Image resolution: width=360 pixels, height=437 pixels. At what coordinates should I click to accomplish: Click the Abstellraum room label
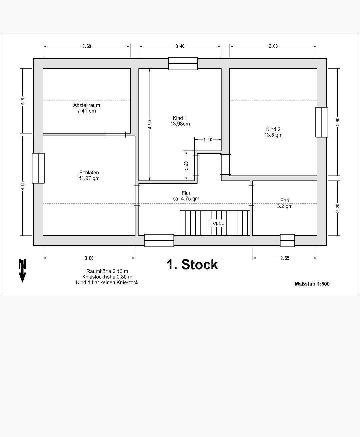pyautogui.click(x=87, y=105)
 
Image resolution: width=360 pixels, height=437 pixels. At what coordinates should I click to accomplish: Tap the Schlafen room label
pyautogui.click(x=89, y=173)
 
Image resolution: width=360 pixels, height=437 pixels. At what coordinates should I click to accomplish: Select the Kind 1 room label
pyautogui.click(x=180, y=118)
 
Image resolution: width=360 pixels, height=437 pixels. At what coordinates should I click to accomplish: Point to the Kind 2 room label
pyautogui.click(x=273, y=129)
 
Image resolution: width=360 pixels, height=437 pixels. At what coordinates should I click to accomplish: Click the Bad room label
pyautogui.click(x=285, y=201)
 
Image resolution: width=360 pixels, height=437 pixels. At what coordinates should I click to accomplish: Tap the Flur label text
pyautogui.click(x=186, y=193)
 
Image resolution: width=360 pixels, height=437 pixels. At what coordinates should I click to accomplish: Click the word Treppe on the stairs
pyautogui.click(x=216, y=223)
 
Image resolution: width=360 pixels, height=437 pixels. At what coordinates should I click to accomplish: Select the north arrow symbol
pyautogui.click(x=22, y=270)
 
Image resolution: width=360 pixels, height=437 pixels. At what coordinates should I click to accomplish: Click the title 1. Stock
pyautogui.click(x=192, y=264)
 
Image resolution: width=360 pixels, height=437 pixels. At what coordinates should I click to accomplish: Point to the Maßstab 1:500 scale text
pyautogui.click(x=312, y=284)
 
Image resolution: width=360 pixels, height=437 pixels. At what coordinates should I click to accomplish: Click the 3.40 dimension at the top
pyautogui.click(x=180, y=46)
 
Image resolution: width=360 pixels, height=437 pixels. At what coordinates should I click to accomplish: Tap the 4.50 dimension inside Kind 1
pyautogui.click(x=150, y=125)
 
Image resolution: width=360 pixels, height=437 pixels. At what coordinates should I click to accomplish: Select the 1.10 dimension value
pyautogui.click(x=208, y=140)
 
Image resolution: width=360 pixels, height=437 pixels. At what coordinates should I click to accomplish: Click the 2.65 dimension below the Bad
pyautogui.click(x=285, y=258)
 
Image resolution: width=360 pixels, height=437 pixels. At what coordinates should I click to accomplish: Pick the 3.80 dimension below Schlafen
pyautogui.click(x=89, y=258)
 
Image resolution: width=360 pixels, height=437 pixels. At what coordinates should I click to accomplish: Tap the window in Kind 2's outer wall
pyautogui.click(x=322, y=122)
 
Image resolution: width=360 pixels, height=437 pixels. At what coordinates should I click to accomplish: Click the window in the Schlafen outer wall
pyautogui.click(x=38, y=168)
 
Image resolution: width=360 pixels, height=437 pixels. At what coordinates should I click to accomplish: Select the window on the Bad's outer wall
pyautogui.click(x=287, y=240)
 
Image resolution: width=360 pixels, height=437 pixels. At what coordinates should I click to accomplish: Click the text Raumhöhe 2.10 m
pyautogui.click(x=107, y=271)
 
